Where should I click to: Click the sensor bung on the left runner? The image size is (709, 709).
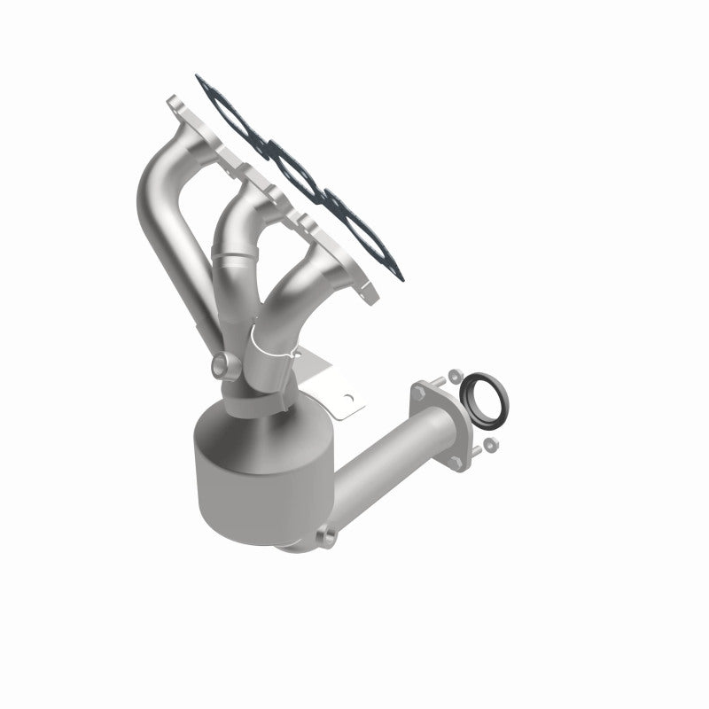coord(219,364)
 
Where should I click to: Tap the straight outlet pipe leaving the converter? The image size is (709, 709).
coord(390,470)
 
